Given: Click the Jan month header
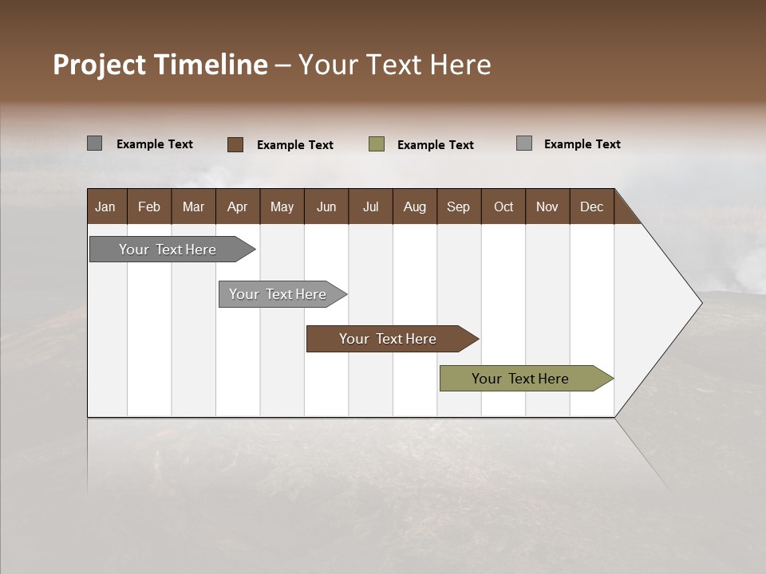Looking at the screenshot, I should (106, 206).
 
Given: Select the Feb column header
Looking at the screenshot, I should (149, 206).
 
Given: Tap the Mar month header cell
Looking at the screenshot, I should (193, 206).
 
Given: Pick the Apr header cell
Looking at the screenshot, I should (238, 206).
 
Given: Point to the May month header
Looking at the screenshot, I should (282, 206).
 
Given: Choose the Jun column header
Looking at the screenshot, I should (326, 206).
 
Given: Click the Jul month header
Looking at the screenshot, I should (370, 206).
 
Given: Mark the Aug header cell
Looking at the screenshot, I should (415, 206).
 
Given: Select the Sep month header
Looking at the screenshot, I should (459, 206).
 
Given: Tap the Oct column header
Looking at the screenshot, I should (503, 206).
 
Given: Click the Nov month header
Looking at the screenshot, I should (547, 206).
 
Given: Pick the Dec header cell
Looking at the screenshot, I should (592, 206).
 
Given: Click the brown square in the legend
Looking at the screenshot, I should (235, 144).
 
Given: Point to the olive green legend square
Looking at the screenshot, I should (377, 144).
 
